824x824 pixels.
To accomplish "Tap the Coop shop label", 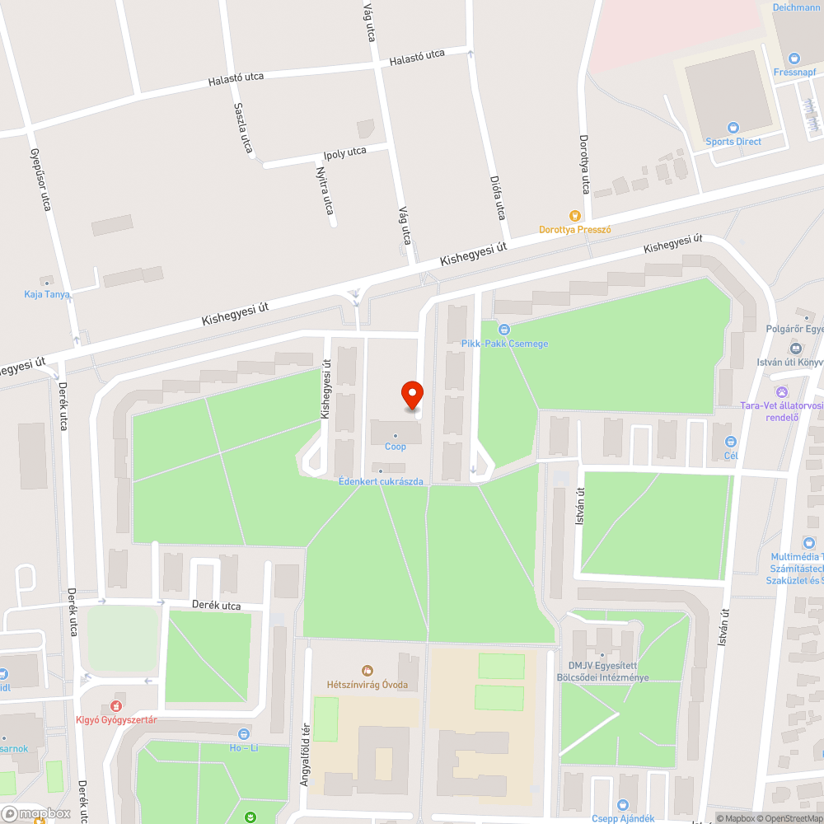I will coord(396,447).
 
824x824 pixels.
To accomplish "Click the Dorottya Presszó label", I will coord(575,230).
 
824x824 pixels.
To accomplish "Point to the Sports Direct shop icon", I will coord(733,128).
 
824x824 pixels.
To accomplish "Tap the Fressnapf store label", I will coord(794,72).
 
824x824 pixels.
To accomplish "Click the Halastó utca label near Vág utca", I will coord(417,58).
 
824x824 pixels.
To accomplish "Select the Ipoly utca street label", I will coord(344,152).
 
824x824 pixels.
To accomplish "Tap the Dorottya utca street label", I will coord(584,165).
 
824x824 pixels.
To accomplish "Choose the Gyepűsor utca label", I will coord(40,179).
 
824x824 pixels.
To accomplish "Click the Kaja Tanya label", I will coord(47,294).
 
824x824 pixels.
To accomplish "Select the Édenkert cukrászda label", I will coord(381,481).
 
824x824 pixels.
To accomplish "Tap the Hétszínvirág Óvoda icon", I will coord(368,671).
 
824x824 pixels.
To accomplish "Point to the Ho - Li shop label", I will coord(244,747).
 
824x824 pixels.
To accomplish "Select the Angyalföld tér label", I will coord(305,754).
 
